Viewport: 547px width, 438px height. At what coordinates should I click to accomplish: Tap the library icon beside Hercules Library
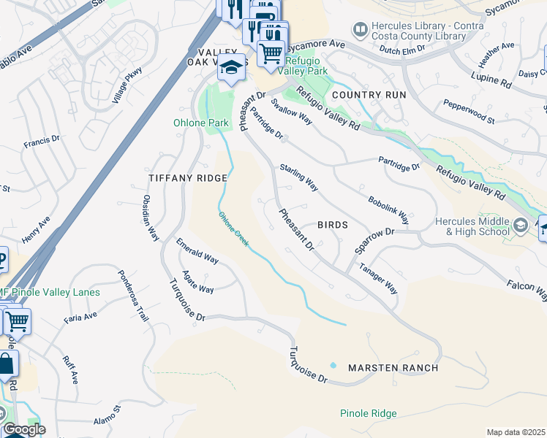point(359,29)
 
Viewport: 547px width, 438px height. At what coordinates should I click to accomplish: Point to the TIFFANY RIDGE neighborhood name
point(188,178)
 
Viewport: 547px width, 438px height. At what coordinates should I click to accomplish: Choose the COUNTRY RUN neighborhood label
point(369,95)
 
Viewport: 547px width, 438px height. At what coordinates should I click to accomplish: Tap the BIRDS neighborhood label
point(332,226)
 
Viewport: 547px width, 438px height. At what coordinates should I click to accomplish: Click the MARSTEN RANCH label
point(393,367)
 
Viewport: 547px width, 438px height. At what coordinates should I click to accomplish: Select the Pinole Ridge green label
point(369,413)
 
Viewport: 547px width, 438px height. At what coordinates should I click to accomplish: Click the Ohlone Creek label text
point(234,227)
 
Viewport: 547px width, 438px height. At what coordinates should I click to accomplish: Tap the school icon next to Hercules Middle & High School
point(520,225)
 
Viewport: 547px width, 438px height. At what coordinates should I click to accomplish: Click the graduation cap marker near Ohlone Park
point(231,68)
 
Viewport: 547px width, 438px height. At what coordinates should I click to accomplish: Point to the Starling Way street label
point(298,178)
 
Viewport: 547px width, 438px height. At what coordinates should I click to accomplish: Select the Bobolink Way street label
point(388,209)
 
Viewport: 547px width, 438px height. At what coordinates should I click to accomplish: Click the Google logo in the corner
point(23,429)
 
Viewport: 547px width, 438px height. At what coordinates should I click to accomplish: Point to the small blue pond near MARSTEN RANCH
point(333,365)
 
